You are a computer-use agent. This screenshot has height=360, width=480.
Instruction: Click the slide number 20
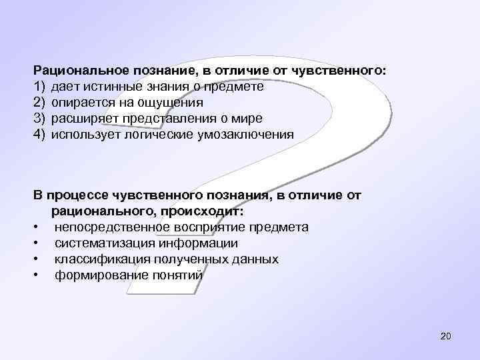(446, 337)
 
